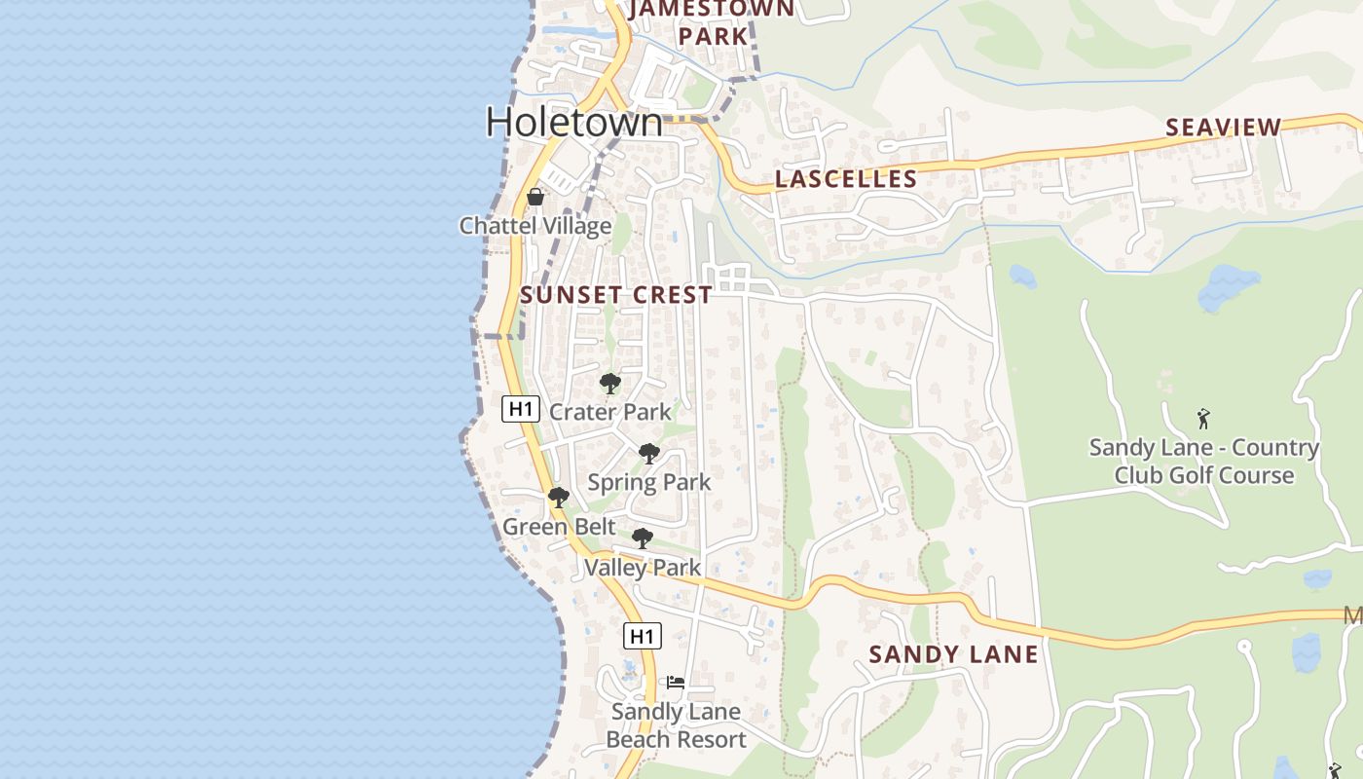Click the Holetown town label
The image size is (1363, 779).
574,123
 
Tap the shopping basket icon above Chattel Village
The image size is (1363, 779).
535,197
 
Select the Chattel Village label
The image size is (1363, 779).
535,226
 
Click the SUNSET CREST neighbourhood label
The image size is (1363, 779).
616,295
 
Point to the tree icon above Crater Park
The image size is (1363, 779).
610,384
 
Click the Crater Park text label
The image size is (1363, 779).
610,412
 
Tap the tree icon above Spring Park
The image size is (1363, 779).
649,454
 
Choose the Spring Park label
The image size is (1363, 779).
649,482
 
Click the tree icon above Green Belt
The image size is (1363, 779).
559,499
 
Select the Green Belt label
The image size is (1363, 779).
559,527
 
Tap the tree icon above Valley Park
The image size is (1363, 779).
643,538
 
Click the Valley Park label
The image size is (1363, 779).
643,567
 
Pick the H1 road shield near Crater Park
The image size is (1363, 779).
521,409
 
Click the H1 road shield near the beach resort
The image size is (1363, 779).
643,637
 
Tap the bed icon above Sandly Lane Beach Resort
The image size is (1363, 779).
676,683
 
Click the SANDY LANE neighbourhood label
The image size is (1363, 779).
954,654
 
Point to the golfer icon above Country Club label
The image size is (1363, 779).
1204,419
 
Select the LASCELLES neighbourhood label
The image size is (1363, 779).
846,179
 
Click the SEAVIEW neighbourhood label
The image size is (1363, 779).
1224,128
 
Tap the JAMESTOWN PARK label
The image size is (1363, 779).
712,22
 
